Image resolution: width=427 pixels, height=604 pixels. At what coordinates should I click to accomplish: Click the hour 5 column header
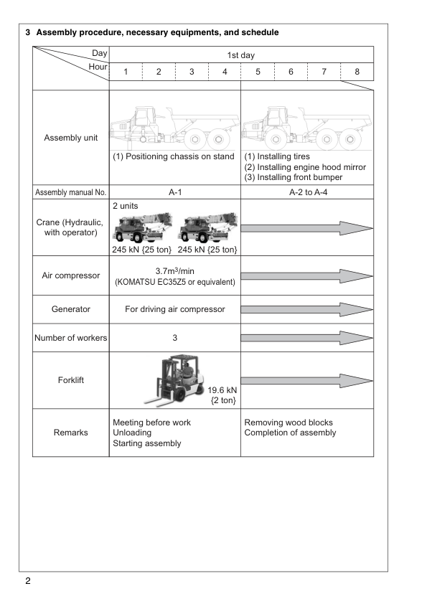point(258,72)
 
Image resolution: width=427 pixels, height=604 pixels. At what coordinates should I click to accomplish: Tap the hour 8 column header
point(357,72)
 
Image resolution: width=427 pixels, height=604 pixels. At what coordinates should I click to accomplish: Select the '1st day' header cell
point(241,55)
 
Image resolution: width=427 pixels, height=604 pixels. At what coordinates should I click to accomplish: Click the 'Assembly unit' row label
point(70,138)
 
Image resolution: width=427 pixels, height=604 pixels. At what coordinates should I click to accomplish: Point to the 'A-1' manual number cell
point(175,192)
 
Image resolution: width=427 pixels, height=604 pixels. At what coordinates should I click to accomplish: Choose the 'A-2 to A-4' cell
point(309,192)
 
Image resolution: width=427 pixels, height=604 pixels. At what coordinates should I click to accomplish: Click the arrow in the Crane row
point(307,228)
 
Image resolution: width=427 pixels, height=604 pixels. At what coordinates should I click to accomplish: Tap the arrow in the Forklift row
point(307,381)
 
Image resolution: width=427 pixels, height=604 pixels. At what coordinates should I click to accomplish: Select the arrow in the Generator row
point(307,309)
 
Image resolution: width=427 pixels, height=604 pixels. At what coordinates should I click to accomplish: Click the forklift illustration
point(174,381)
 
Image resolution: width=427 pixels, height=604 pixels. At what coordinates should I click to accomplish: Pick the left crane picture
point(142,227)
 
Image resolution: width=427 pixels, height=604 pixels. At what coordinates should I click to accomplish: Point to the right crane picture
point(207,227)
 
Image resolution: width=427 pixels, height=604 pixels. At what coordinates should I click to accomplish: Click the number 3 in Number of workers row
point(174,338)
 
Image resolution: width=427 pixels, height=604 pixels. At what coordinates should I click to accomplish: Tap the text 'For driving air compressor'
point(175,309)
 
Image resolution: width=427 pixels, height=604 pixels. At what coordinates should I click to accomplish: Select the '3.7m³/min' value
point(175,271)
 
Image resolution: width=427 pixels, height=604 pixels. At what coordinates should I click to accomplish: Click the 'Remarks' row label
point(70,433)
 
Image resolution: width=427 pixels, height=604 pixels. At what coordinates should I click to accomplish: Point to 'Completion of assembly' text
point(290,433)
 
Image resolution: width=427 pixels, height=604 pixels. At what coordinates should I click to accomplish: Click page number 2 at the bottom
point(28,581)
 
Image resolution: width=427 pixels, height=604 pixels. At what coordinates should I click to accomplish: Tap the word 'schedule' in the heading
point(260,32)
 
